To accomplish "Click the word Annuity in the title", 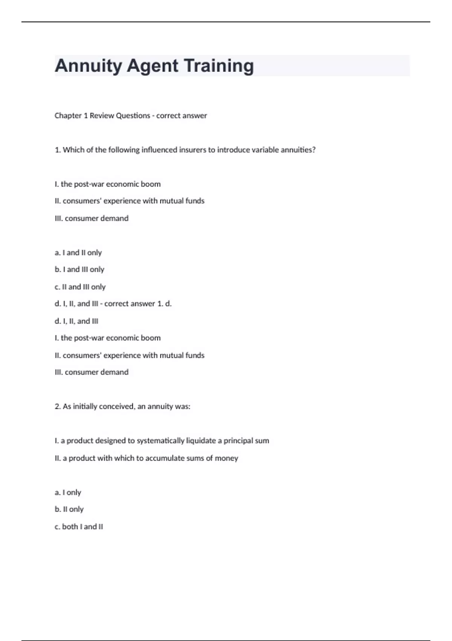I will coord(88,66).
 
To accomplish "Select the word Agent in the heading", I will coord(153,66).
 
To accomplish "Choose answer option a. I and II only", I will coord(78,253).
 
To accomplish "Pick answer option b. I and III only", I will coord(79,270).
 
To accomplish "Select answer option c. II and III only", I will coord(80,287).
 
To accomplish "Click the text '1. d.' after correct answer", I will coord(165,304).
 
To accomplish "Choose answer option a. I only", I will coord(68,492).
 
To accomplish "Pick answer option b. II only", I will coord(69,509).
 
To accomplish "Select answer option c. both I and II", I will coord(79,527).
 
